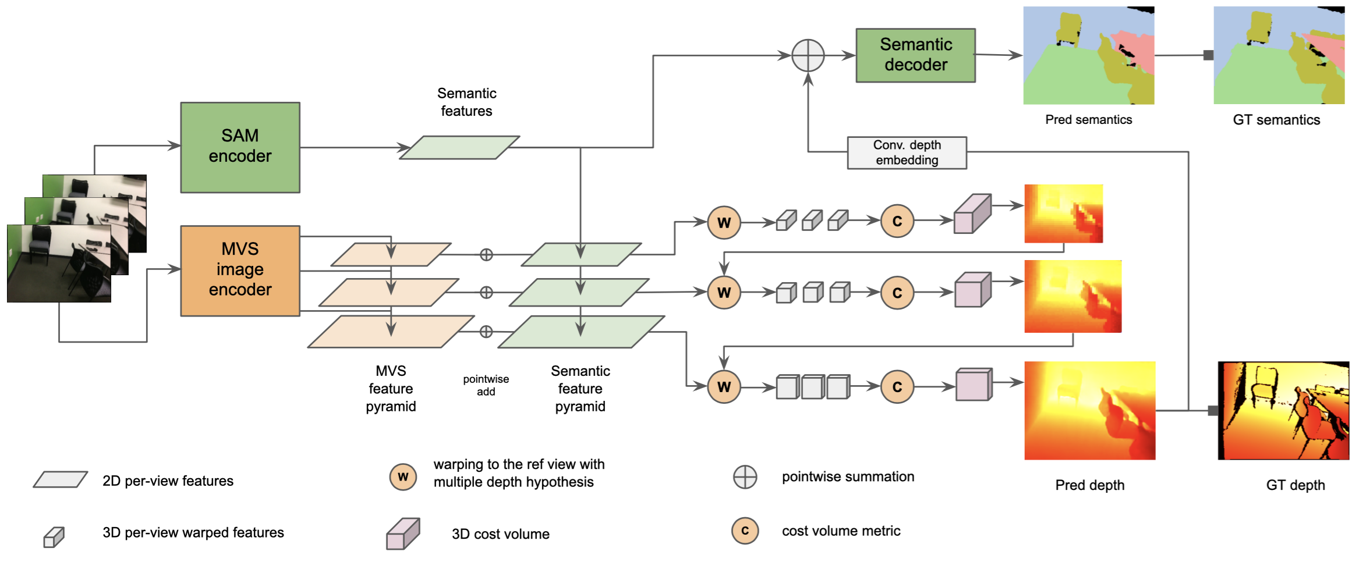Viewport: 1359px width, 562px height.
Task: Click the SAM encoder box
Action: coord(240,147)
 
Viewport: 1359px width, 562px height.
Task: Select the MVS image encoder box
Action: coord(240,271)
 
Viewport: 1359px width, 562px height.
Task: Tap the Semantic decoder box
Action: coord(915,55)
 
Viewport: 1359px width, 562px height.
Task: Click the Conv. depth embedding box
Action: coord(907,152)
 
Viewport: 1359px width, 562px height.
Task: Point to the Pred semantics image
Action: coord(1088,56)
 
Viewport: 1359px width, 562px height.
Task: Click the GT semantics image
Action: coord(1279,56)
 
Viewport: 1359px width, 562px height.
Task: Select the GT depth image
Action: coord(1283,411)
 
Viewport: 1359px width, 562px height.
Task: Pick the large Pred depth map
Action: coord(1089,411)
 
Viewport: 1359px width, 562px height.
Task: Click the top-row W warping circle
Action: coord(724,222)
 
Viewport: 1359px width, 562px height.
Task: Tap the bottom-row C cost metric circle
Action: coord(897,387)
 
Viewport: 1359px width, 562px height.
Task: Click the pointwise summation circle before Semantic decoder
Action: coord(808,56)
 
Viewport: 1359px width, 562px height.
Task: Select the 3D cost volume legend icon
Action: coord(402,533)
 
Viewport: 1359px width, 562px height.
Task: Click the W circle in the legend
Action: coord(403,477)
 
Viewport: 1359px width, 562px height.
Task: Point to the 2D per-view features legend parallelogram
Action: coord(61,479)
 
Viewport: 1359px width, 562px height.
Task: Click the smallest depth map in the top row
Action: coord(1063,214)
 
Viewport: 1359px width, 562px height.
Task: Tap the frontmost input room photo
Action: coord(58,264)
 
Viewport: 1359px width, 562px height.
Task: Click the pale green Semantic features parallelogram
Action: coord(459,148)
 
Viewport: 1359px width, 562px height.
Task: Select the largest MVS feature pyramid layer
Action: coord(390,332)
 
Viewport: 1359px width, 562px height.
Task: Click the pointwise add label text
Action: coord(486,385)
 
